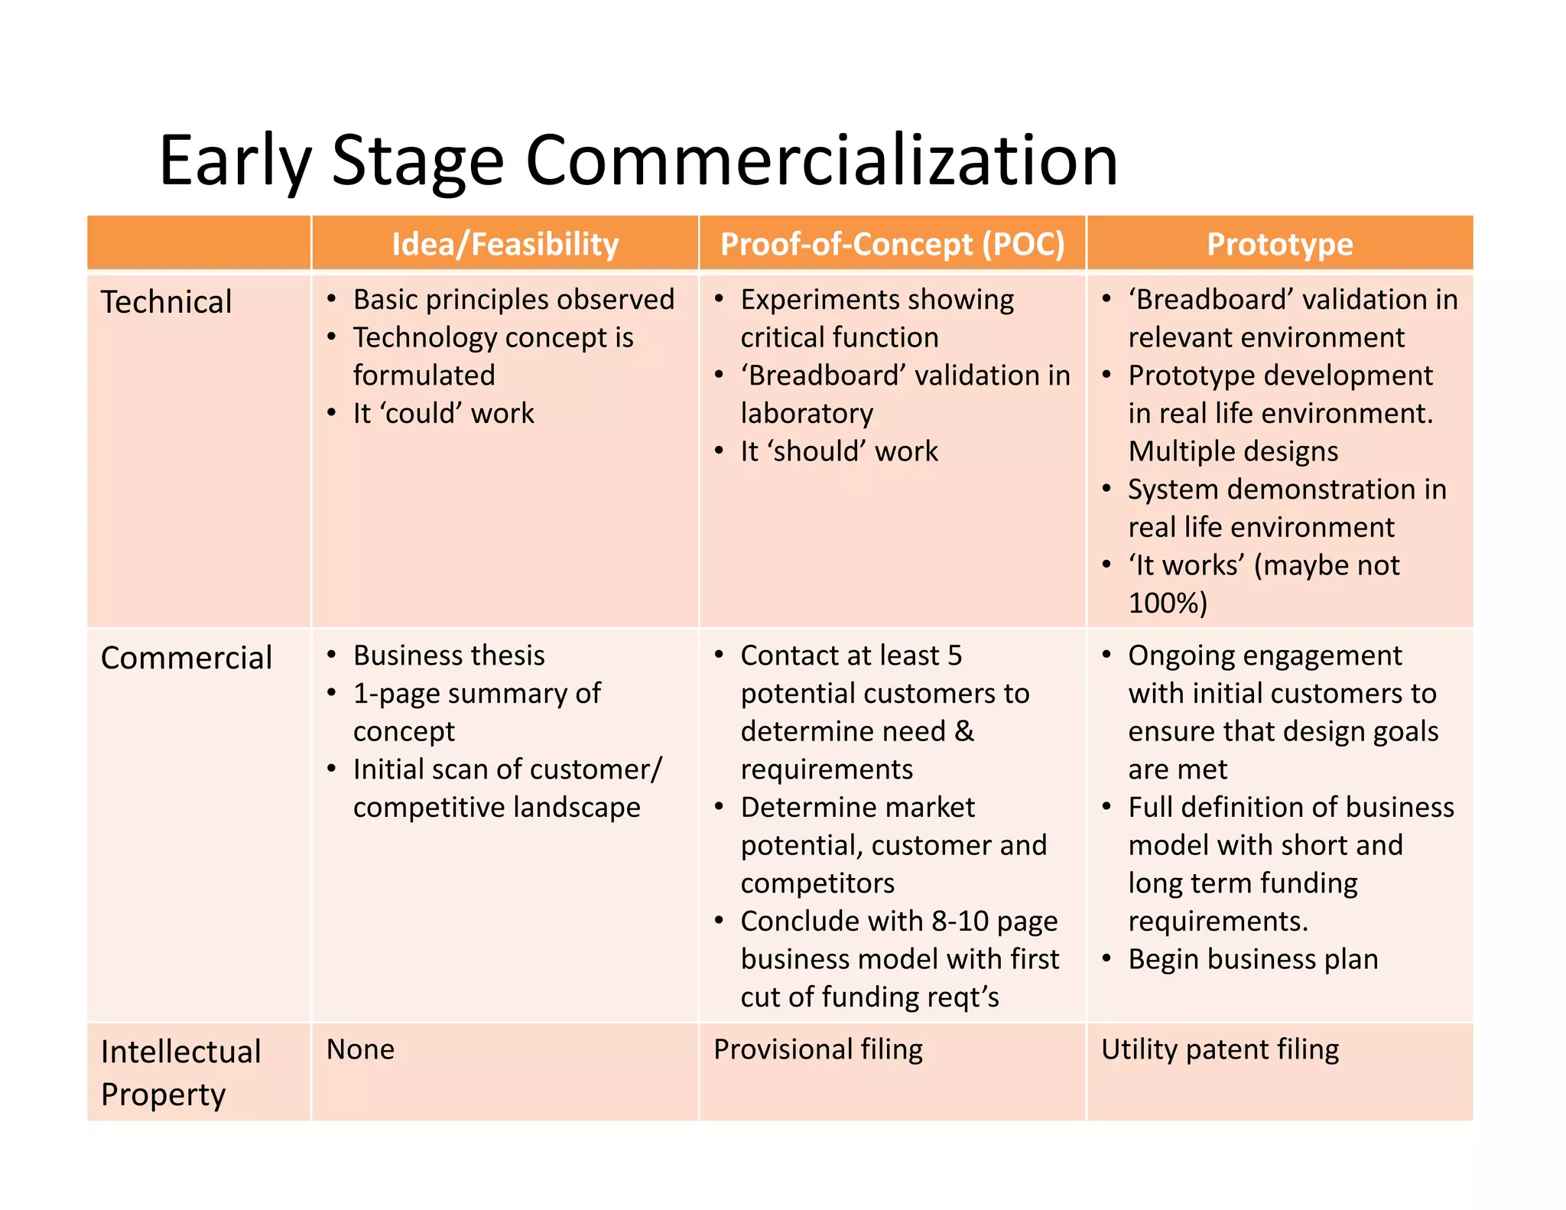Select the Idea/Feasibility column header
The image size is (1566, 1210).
click(505, 244)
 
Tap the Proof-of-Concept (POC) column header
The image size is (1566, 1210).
click(892, 244)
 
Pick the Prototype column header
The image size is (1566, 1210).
click(1279, 244)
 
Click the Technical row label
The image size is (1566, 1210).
click(166, 302)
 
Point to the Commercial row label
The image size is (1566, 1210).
click(186, 658)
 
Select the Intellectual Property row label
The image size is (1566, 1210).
click(180, 1072)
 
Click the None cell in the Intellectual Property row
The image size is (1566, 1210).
click(360, 1049)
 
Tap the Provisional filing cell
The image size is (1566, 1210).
click(817, 1049)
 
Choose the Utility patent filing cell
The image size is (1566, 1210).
click(1220, 1049)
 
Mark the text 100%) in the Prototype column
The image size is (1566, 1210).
click(1168, 603)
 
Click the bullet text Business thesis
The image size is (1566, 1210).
click(449, 655)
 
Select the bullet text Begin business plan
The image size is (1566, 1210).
click(1252, 959)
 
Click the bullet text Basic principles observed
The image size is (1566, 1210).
click(513, 300)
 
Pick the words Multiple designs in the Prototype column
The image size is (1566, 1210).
click(1233, 451)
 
